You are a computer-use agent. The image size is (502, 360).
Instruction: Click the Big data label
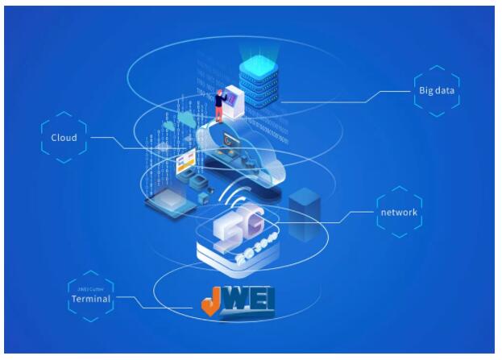pos(438,91)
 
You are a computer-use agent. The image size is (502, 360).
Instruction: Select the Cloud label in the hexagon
pos(64,138)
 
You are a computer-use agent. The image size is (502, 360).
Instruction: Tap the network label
pos(398,213)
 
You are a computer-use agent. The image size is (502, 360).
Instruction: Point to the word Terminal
pos(89,299)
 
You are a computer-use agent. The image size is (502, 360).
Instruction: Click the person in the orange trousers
pos(218,106)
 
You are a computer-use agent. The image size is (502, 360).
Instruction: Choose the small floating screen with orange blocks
pos(187,165)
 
